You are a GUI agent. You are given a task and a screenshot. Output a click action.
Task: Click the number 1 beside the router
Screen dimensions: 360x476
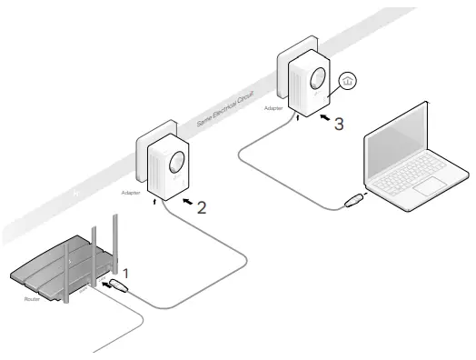point(128,272)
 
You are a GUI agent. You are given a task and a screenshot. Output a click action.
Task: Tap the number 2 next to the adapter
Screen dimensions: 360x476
point(202,206)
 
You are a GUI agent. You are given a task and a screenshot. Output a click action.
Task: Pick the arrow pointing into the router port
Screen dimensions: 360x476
point(113,285)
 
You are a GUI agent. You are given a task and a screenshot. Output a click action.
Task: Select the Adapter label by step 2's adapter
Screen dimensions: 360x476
point(131,194)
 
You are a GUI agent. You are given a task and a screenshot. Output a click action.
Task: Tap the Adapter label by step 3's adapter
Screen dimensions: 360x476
point(273,108)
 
